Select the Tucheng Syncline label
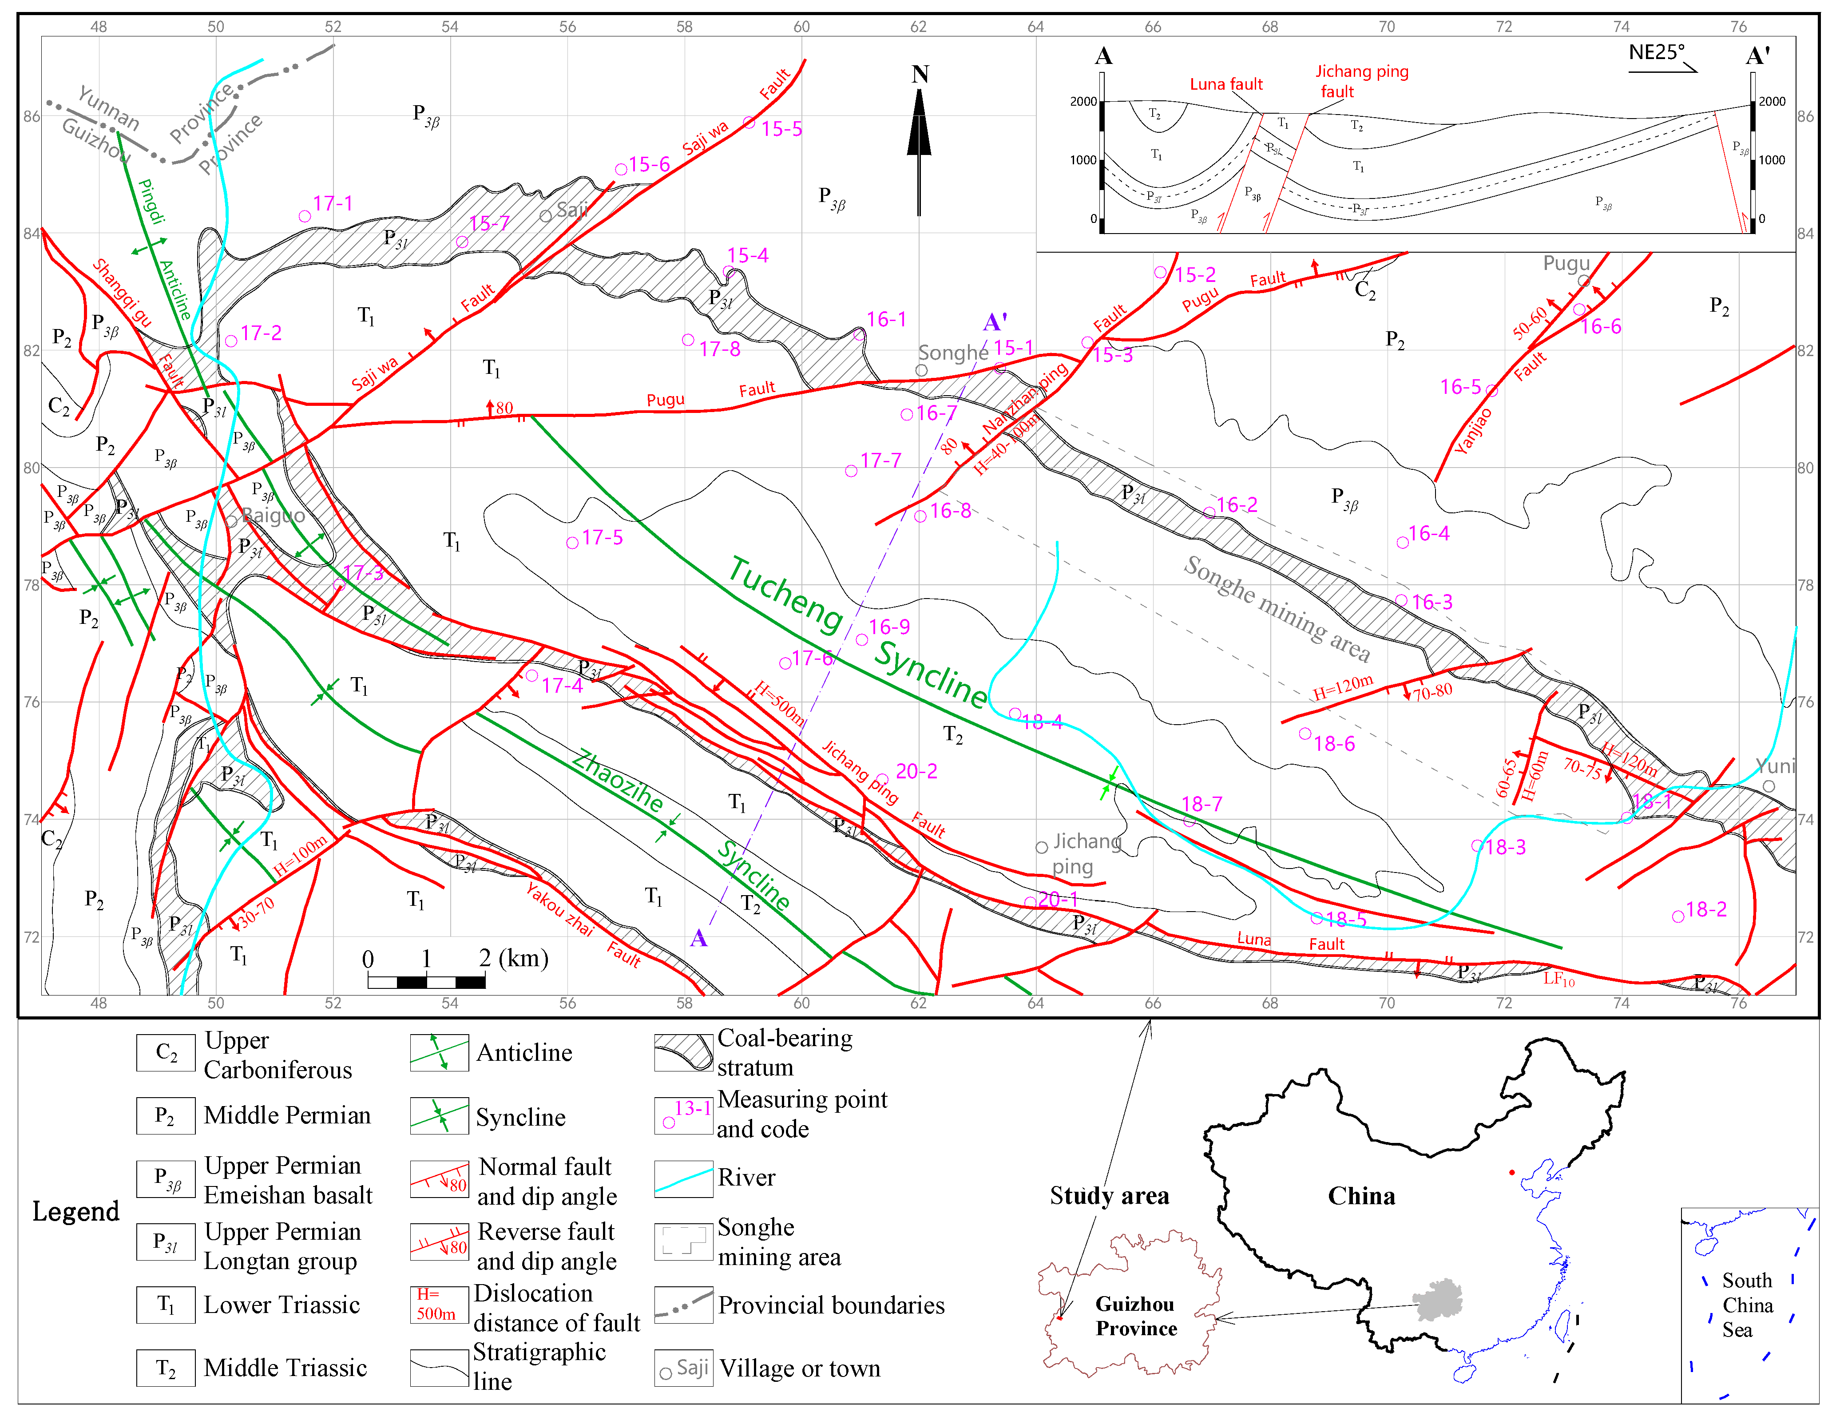point(857,632)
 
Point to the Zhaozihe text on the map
point(618,780)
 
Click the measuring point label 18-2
point(1706,909)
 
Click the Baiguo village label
point(273,516)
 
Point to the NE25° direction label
point(1656,52)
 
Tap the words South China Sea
point(1747,1305)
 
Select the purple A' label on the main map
point(995,322)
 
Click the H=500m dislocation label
point(778,703)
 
